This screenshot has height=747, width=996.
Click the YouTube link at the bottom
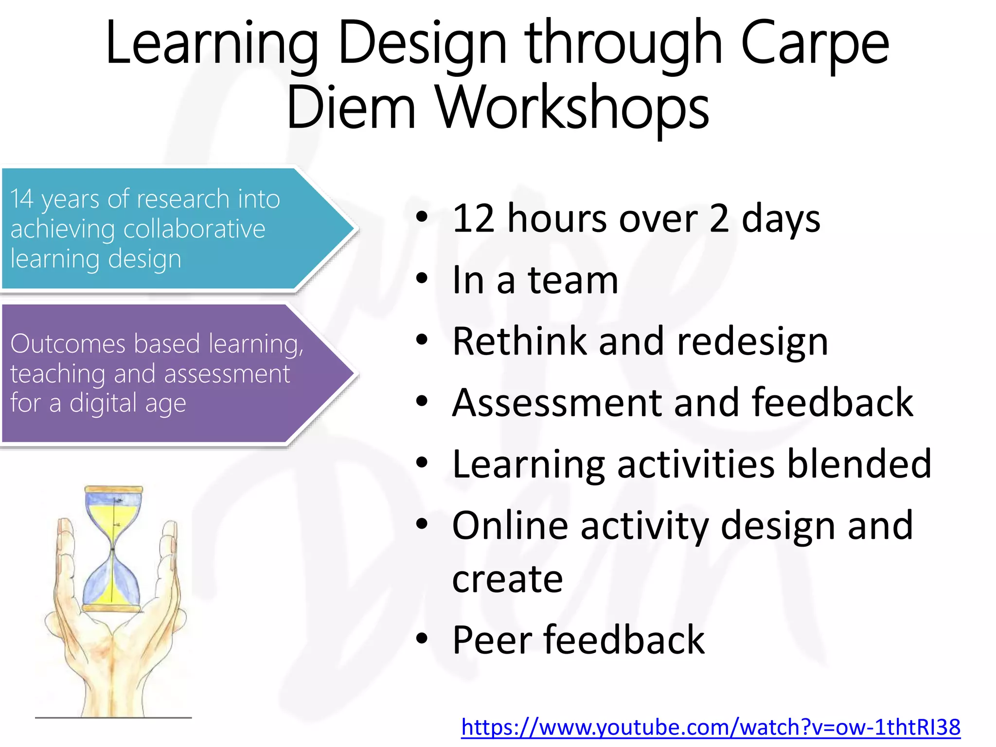click(711, 728)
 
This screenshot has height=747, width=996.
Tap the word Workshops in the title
click(572, 108)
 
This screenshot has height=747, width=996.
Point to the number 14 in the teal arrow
click(22, 199)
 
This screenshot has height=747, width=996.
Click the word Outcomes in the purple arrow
click(68, 344)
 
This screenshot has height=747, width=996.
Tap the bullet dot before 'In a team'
click(422, 279)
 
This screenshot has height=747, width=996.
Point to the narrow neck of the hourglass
click(113, 549)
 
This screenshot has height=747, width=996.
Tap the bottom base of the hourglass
click(112, 608)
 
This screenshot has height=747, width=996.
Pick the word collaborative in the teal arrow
click(194, 229)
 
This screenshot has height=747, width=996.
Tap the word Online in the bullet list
click(510, 526)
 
